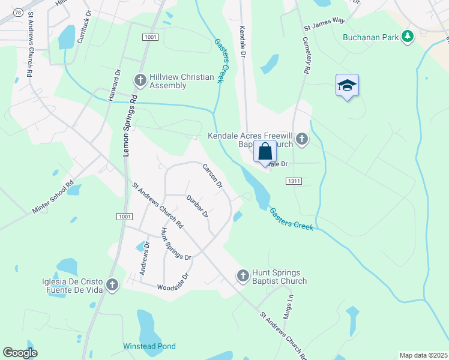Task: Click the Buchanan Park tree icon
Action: click(408, 37)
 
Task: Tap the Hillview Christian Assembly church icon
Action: click(140, 80)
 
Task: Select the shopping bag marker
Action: click(265, 152)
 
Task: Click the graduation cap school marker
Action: click(347, 86)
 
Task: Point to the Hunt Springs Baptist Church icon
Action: click(243, 275)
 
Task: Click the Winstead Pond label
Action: click(149, 346)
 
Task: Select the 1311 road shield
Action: click(294, 181)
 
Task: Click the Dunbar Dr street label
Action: click(197, 206)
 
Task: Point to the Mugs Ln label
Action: click(289, 307)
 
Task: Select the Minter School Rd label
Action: click(53, 197)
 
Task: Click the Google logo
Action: click(20, 353)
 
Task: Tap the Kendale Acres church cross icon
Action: click(301, 139)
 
